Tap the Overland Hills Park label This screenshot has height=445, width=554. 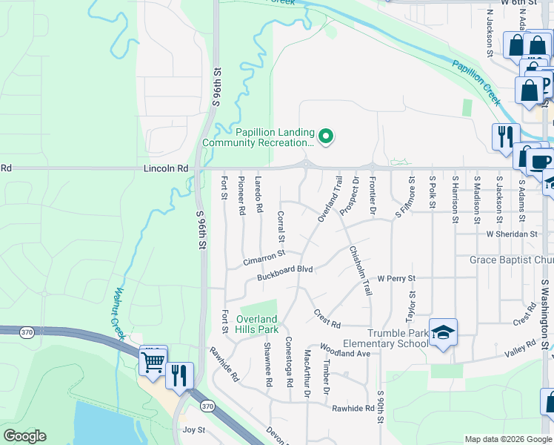(x=257, y=324)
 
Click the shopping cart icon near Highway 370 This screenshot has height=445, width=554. (x=153, y=363)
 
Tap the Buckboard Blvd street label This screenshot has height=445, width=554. (x=285, y=274)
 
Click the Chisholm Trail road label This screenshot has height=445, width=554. (x=360, y=271)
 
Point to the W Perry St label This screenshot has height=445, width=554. (x=396, y=279)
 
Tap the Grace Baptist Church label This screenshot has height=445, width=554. (x=511, y=260)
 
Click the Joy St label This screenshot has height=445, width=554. (x=193, y=429)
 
